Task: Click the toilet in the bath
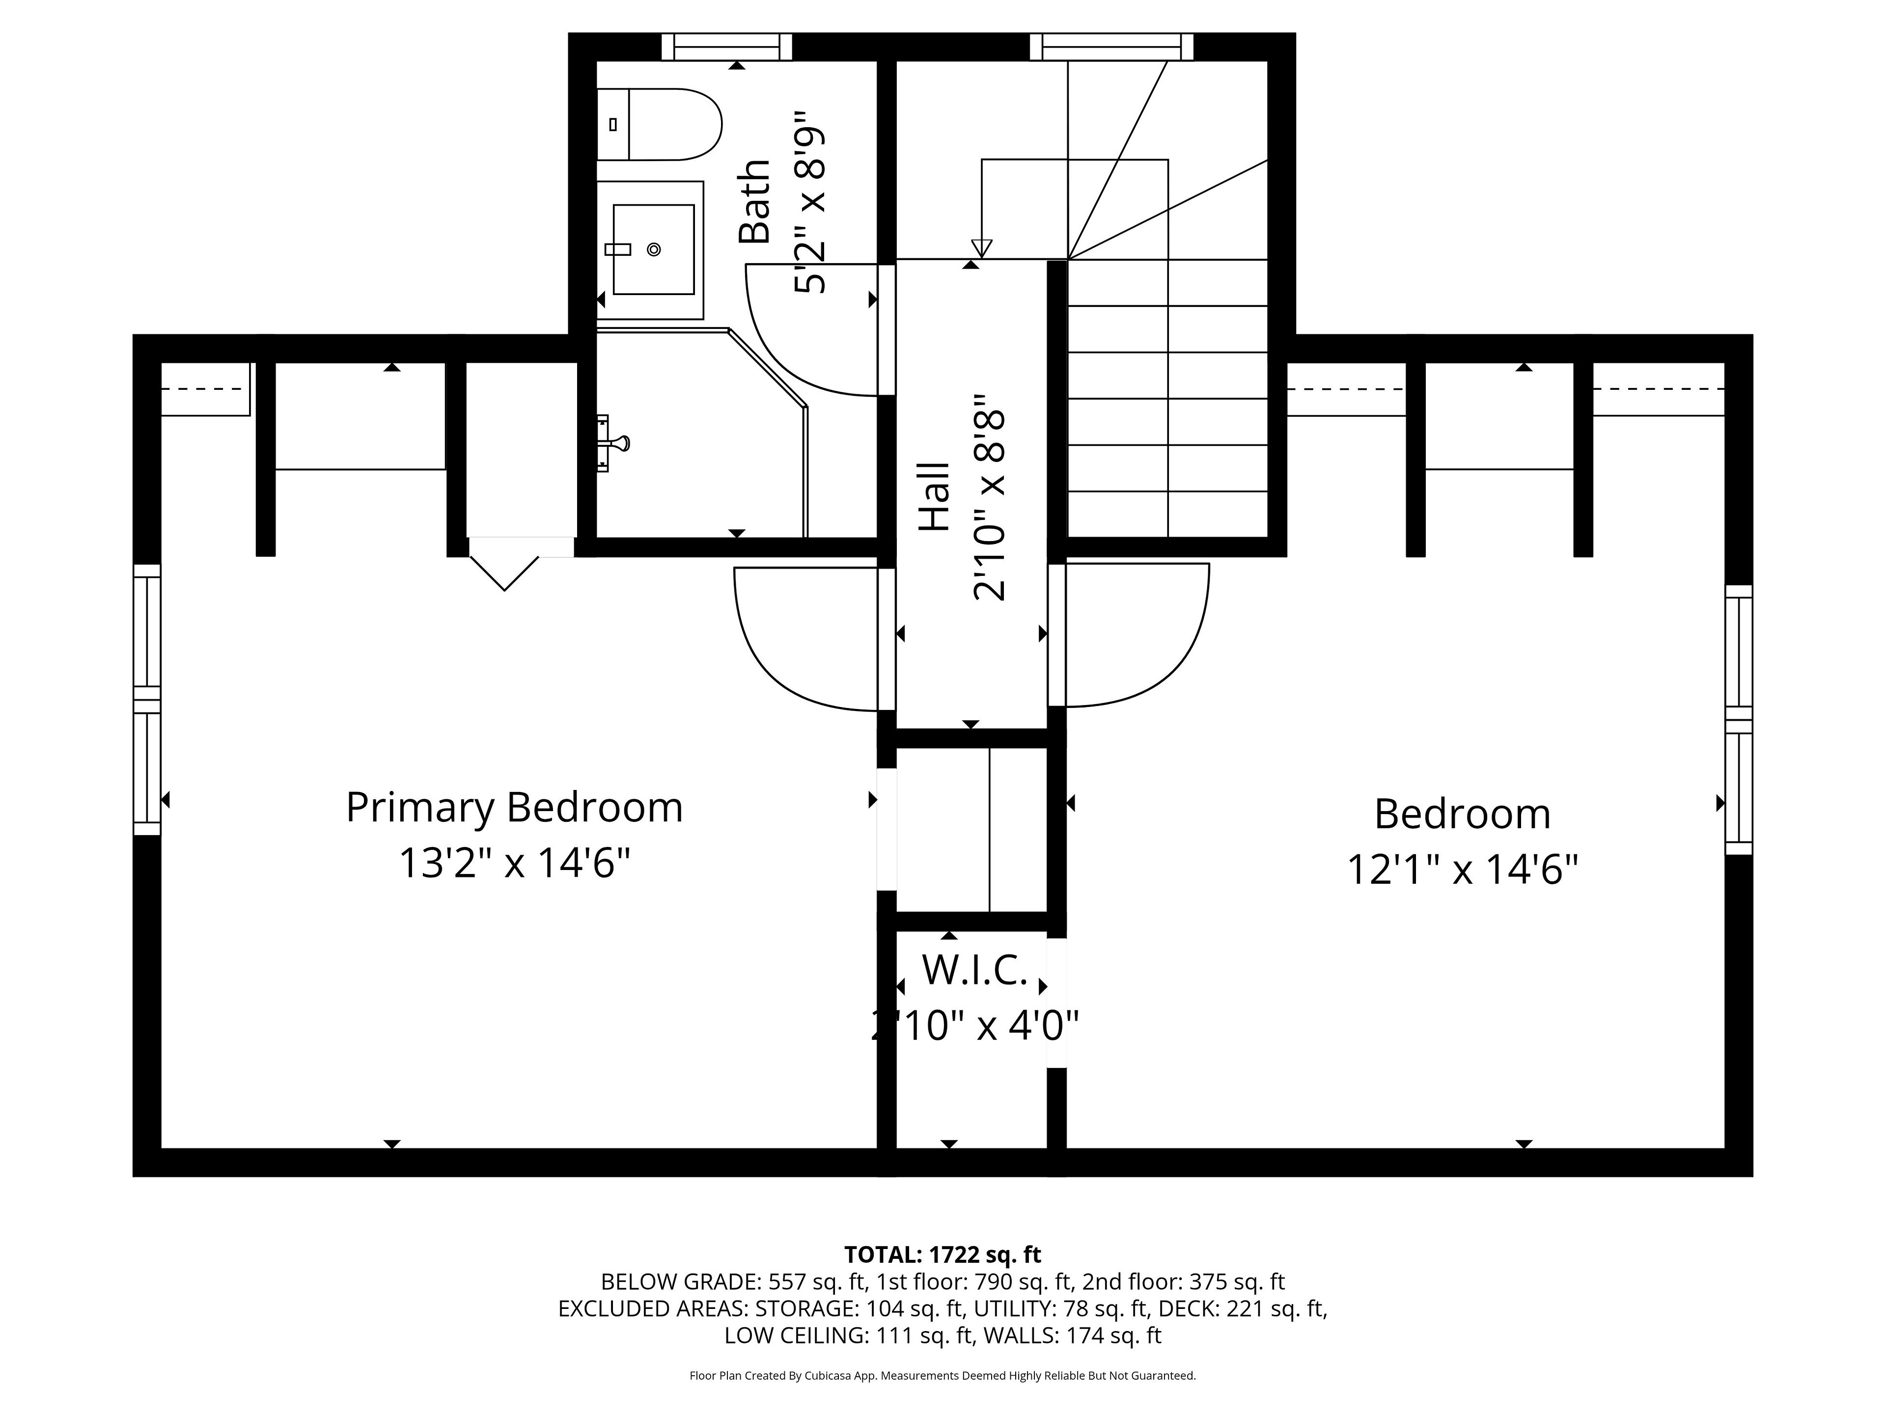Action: click(x=658, y=124)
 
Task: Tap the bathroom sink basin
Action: click(x=653, y=249)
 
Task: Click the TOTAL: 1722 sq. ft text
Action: click(x=942, y=1254)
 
